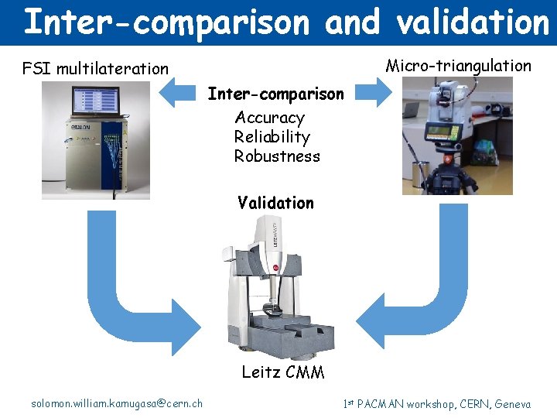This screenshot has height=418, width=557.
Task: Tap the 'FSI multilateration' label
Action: tap(95, 69)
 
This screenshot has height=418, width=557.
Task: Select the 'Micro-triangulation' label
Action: tap(458, 66)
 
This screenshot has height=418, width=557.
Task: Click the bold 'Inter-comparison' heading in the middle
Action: tap(275, 94)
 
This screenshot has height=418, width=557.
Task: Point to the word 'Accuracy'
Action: tap(269, 118)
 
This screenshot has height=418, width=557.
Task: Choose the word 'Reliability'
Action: tap(272, 137)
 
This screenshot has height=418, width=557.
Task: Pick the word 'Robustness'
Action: tap(277, 156)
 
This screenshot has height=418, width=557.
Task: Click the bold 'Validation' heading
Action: tap(275, 203)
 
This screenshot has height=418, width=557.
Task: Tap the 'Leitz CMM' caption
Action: tap(282, 372)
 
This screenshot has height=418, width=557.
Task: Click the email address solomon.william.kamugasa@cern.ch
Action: tap(117, 403)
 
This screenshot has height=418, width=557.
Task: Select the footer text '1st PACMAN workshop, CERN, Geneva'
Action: tap(436, 403)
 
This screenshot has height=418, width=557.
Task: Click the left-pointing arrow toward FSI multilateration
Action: tap(179, 93)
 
